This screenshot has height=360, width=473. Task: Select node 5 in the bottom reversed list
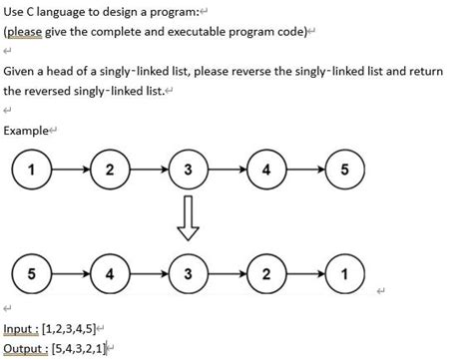(32, 272)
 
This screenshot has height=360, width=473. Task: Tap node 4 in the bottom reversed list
(109, 272)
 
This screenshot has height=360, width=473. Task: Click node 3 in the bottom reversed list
(187, 272)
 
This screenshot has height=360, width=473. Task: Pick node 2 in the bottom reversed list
(264, 272)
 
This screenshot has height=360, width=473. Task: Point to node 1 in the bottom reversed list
(343, 272)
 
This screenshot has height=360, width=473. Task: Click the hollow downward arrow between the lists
(187, 219)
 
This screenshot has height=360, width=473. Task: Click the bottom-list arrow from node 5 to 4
(70, 272)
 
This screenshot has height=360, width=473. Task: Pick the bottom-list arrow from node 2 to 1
(303, 272)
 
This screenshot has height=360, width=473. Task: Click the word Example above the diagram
(26, 130)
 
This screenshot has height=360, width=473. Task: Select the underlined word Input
(19, 328)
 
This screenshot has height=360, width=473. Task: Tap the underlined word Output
(24, 347)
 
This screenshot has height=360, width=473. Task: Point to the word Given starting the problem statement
(21, 72)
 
